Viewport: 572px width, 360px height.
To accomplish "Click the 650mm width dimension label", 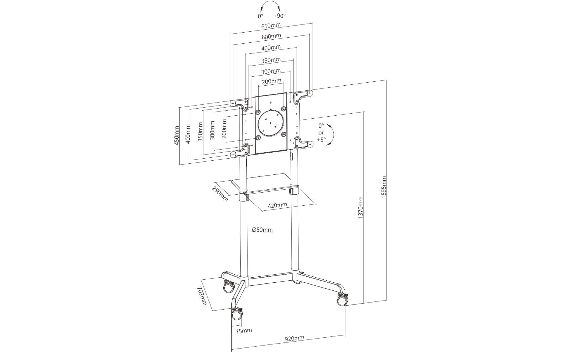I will pos(271,25).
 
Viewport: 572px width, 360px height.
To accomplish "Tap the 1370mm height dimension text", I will pos(360,208).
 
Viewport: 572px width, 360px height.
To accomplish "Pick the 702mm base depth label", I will pos(201,296).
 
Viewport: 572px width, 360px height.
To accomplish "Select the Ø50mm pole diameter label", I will pos(262,230).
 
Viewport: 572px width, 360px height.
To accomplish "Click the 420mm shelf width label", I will pos(277,205).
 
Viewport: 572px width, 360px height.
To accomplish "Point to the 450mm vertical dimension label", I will pos(177,135).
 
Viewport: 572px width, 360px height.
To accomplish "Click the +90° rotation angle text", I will pos(279,16).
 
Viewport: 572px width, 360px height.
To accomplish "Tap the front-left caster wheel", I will pos(236,315).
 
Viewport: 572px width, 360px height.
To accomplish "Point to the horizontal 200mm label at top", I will pos(272,81).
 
